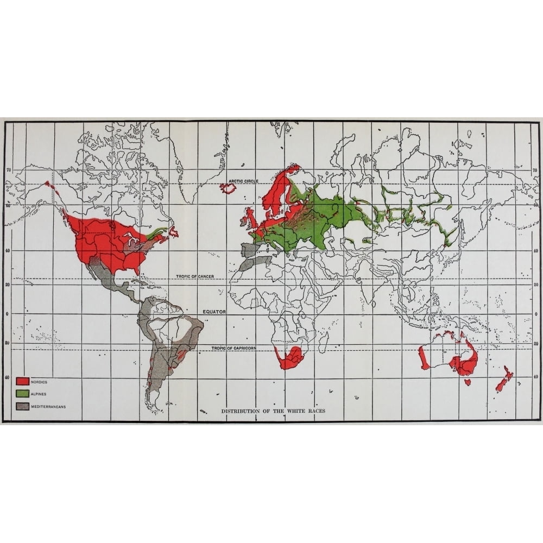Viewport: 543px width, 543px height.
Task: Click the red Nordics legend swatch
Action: click(22, 381)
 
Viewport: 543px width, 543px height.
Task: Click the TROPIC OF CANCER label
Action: click(195, 276)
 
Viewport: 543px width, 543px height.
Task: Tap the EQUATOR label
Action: click(213, 313)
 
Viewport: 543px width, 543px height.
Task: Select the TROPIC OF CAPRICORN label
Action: click(241, 348)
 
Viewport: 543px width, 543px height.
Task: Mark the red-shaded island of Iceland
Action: click(229, 188)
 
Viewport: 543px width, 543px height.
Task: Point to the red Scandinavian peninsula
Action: click(277, 187)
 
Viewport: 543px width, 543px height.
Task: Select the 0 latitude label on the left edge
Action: click(8, 313)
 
